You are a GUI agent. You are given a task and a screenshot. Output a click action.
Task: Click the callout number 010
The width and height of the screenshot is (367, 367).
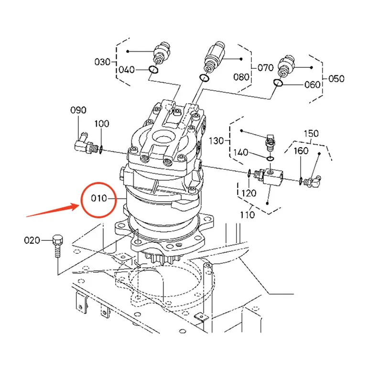(x=99, y=198)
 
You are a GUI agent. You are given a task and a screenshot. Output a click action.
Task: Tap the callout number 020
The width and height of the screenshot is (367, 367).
(x=32, y=240)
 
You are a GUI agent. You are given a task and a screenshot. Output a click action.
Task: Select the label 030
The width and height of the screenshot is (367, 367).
(x=102, y=62)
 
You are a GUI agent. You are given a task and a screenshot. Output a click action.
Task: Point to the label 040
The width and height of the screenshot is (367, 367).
(x=127, y=70)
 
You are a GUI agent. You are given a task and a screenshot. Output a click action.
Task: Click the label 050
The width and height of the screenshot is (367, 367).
(x=336, y=79)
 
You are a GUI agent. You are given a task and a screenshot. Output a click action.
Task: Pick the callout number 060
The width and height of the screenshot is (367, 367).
(x=312, y=85)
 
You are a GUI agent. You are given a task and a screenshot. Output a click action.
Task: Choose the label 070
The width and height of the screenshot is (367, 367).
(x=265, y=68)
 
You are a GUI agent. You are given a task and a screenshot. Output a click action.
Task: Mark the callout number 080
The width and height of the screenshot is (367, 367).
(x=241, y=77)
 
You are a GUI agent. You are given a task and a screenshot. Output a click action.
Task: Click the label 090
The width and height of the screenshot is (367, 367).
(x=78, y=110)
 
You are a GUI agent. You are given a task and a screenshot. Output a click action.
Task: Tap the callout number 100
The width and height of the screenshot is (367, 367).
(x=102, y=124)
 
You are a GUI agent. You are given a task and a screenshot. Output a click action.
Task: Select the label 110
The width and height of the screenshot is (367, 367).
(x=248, y=215)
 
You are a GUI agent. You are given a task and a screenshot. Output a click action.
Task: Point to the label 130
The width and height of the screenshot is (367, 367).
(x=216, y=141)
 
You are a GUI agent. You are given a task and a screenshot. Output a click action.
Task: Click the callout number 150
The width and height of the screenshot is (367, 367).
(x=311, y=134)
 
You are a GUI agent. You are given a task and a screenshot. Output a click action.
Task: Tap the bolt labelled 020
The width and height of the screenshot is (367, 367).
(x=57, y=246)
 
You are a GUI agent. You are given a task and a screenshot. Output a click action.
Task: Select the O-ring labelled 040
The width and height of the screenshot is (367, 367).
(x=153, y=69)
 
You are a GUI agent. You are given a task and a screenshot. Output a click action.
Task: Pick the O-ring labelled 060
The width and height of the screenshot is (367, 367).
(x=278, y=82)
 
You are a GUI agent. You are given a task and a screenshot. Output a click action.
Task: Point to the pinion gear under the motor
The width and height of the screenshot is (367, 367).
(x=163, y=259)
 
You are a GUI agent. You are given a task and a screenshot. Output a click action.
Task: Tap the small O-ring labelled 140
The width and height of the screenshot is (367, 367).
(x=270, y=159)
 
